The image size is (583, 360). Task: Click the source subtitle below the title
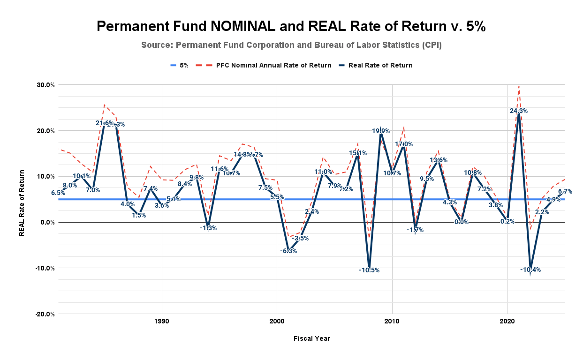[x=291, y=45]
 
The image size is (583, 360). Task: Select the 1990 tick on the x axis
[x=162, y=322]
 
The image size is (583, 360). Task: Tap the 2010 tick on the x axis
[x=392, y=322]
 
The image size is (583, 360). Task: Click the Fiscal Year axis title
[x=312, y=338]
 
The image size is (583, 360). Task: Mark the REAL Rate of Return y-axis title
[x=22, y=199]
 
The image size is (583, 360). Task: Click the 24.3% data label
[x=519, y=111]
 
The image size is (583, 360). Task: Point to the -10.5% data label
[x=369, y=270]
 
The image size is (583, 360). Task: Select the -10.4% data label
[x=530, y=270]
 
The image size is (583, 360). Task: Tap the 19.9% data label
[x=381, y=131]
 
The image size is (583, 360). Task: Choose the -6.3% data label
[x=288, y=251]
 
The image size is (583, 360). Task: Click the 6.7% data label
[x=565, y=191]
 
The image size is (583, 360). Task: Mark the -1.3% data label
[x=208, y=228]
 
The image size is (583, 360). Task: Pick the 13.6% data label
[x=438, y=160]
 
